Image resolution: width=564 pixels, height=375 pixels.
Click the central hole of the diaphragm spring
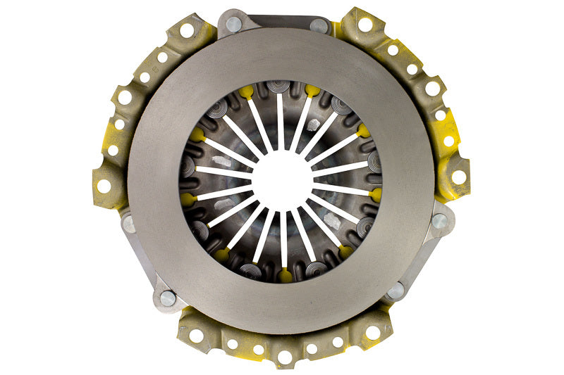pos(282,180)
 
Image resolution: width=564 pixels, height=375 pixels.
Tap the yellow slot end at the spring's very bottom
pos(284,275)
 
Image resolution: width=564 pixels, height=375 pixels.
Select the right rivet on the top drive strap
pos(319,25)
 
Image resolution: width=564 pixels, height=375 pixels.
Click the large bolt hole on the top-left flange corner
pos(187,30)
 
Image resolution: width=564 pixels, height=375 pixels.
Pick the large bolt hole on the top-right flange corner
pos(365,25)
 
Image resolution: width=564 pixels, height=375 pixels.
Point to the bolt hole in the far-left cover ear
pos(104,186)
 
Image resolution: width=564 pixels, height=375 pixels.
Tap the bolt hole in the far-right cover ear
pos(460,177)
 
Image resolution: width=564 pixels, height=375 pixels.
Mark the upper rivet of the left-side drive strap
pos(129,224)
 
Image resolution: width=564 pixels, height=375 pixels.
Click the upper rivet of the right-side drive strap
pos(439,222)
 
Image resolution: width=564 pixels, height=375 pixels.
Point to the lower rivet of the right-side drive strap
pos(396,289)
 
